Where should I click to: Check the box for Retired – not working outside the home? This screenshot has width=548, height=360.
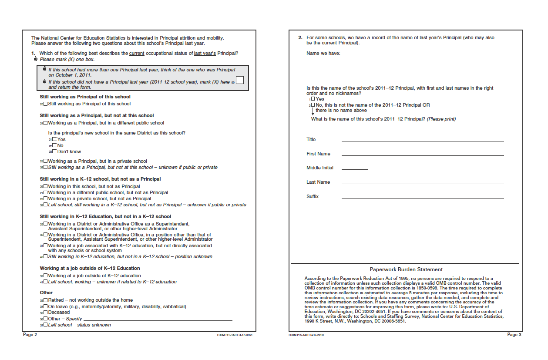(x=46, y=300)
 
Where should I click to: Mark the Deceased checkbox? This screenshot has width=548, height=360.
(x=46, y=313)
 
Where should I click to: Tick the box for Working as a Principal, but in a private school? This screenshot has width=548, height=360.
(x=46, y=161)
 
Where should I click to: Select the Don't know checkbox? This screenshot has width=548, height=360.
(x=54, y=151)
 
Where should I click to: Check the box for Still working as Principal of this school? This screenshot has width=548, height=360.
(x=46, y=104)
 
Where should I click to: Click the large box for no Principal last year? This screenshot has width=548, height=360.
(x=239, y=81)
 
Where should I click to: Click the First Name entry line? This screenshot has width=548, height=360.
(x=422, y=155)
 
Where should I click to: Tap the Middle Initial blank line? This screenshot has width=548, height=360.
(x=355, y=168)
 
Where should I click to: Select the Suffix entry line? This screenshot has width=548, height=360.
(x=422, y=198)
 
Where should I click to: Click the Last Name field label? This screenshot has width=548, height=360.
(x=318, y=182)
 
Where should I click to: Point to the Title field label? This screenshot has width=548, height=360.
(x=311, y=139)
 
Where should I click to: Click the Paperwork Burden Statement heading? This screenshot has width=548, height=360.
(x=406, y=269)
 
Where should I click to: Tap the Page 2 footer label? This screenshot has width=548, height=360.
(x=30, y=334)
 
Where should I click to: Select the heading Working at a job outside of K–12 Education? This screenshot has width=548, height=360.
(x=90, y=268)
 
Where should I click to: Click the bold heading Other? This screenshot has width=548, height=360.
(x=46, y=293)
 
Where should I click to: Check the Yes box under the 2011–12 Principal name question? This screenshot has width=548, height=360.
(x=313, y=99)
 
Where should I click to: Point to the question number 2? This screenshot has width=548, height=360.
(x=300, y=38)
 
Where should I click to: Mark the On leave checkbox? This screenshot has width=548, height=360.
(x=46, y=306)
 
